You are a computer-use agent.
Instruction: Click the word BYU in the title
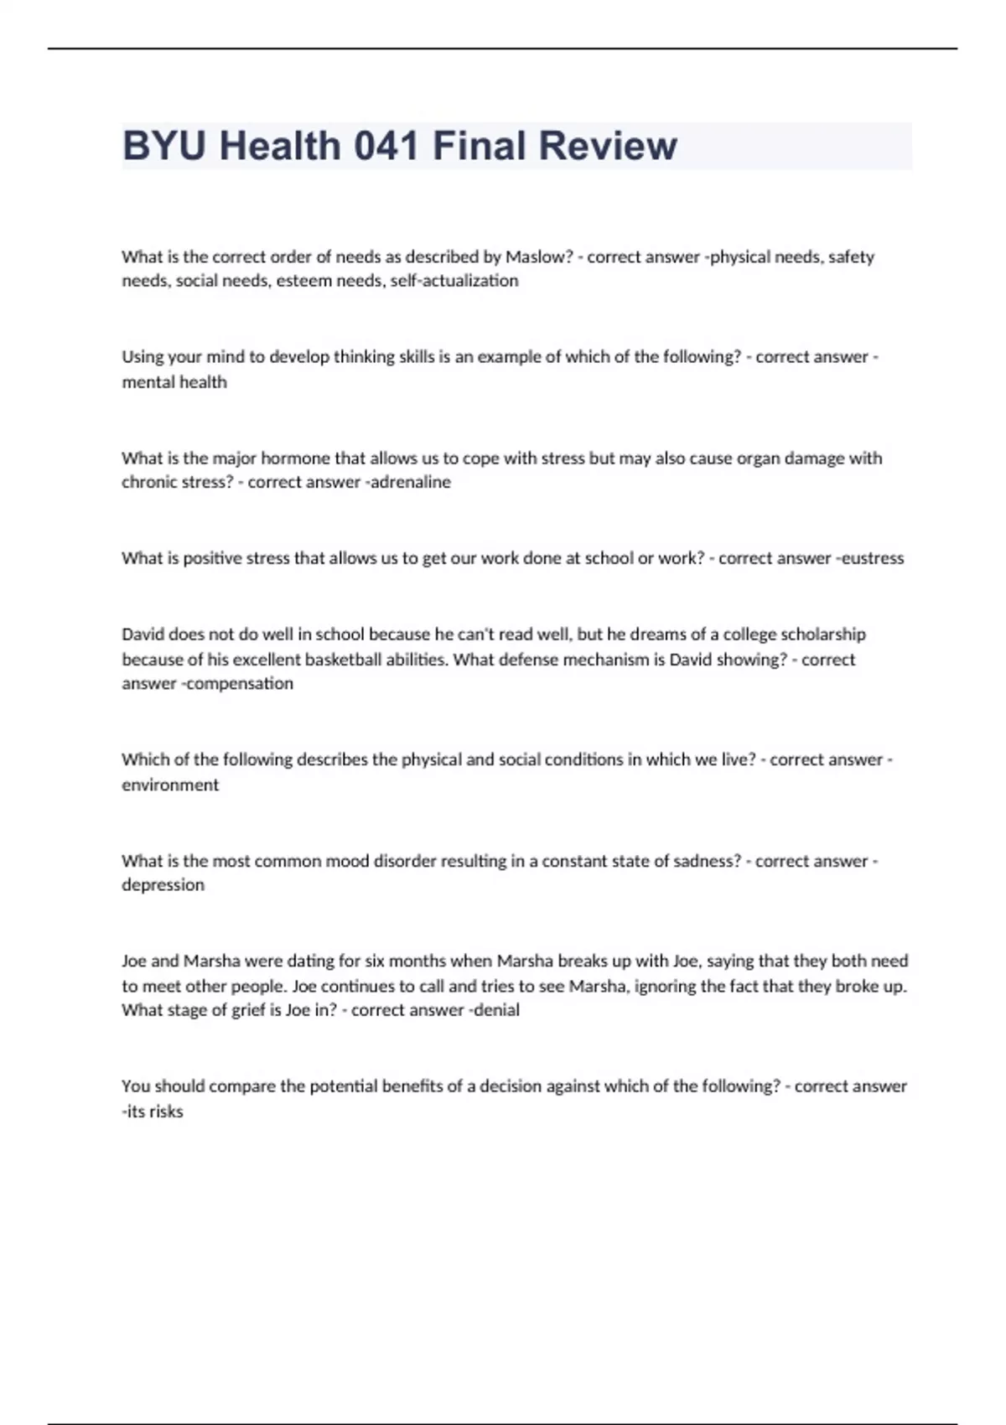tap(163, 146)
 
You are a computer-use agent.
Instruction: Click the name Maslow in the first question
tap(538, 256)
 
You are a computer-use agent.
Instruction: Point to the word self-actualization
tap(454, 281)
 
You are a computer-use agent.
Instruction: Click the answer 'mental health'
tap(174, 382)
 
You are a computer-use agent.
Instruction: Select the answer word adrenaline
tap(411, 482)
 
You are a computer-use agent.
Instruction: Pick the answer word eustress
tap(873, 558)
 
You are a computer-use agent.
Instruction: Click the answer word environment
tap(170, 785)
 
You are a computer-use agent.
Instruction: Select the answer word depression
tap(163, 885)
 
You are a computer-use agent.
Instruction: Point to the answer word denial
tap(497, 1010)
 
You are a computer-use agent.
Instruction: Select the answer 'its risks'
tap(154, 1111)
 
